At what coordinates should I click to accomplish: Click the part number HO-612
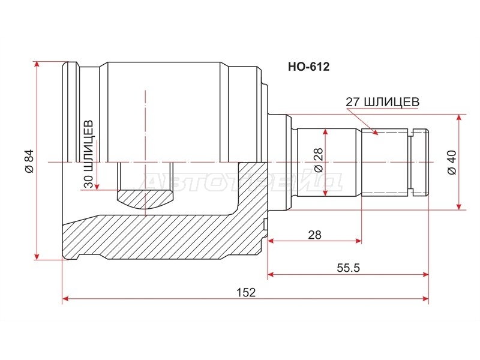(308, 67)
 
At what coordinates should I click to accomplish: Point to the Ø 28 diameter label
(319, 160)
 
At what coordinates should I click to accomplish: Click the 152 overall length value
(246, 292)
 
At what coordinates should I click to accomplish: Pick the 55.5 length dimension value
(348, 268)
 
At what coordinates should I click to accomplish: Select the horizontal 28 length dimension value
(314, 235)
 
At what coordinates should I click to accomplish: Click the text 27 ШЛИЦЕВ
(382, 102)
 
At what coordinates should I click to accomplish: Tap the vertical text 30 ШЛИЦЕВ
(88, 154)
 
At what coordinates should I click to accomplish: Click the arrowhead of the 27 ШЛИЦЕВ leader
(375, 132)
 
